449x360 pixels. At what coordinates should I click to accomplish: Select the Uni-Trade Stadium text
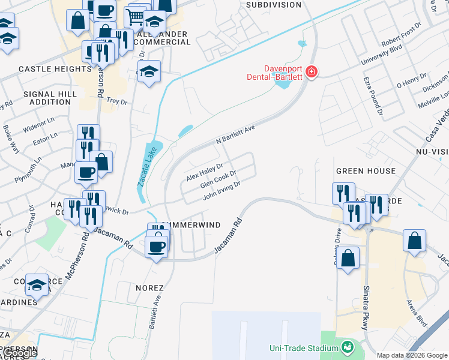[303, 347]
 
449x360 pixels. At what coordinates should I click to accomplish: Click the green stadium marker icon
[347, 347]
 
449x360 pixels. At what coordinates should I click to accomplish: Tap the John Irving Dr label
[221, 191]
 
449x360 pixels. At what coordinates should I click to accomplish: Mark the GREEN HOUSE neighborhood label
[366, 171]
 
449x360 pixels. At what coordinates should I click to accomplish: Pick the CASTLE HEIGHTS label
[55, 69]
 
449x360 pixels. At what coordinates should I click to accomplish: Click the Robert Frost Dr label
[402, 37]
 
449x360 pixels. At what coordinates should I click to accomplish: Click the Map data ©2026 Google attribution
[412, 355]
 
